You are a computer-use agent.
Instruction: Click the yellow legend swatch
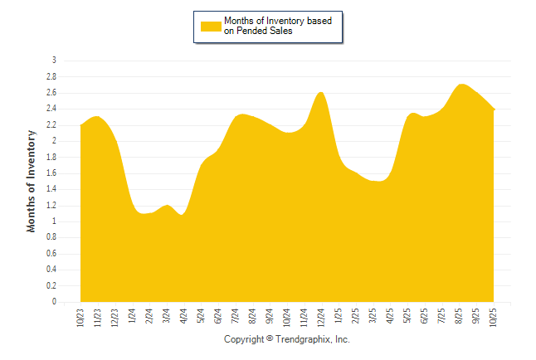click(x=211, y=26)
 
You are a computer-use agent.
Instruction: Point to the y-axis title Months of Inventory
click(x=32, y=181)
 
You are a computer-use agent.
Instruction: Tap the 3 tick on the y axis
click(x=54, y=61)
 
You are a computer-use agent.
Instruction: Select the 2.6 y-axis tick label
click(x=51, y=93)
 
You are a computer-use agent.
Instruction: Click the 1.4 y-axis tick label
click(x=51, y=189)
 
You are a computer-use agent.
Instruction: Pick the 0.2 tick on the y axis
click(x=51, y=286)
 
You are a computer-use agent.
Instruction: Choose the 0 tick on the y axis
click(x=54, y=302)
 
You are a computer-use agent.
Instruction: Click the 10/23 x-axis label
click(x=80, y=319)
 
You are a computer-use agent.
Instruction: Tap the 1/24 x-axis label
click(x=132, y=318)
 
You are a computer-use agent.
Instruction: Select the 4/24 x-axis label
click(x=183, y=318)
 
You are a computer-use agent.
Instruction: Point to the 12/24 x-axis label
click(x=321, y=319)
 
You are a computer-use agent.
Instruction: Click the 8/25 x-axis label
click(x=459, y=318)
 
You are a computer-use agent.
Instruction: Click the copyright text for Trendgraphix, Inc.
click(x=287, y=340)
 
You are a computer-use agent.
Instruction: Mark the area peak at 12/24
click(x=321, y=92)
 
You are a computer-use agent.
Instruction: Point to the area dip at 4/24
click(x=182, y=215)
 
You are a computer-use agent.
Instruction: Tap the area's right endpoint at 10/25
click(x=495, y=109)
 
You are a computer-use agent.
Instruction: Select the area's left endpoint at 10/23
click(x=80, y=125)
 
